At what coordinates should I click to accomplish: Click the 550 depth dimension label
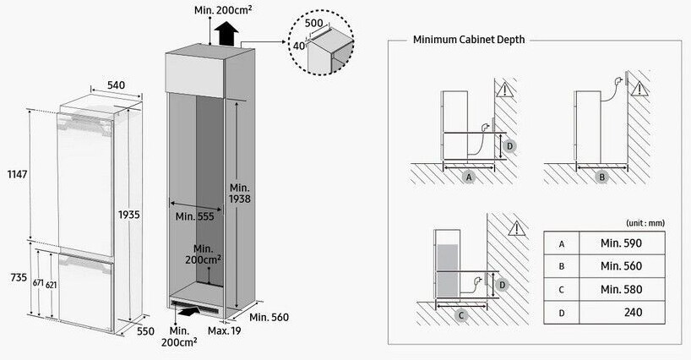click(x=146, y=331)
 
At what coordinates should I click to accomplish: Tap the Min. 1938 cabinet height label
click(x=239, y=193)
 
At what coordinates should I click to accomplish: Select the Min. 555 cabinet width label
click(x=195, y=216)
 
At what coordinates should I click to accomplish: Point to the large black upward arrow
click(x=226, y=35)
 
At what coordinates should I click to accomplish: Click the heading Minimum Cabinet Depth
click(x=468, y=40)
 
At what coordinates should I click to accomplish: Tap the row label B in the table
click(x=562, y=266)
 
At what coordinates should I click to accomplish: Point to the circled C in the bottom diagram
click(x=460, y=315)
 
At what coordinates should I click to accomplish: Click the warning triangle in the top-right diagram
click(x=639, y=88)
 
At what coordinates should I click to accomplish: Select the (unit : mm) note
click(x=645, y=222)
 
